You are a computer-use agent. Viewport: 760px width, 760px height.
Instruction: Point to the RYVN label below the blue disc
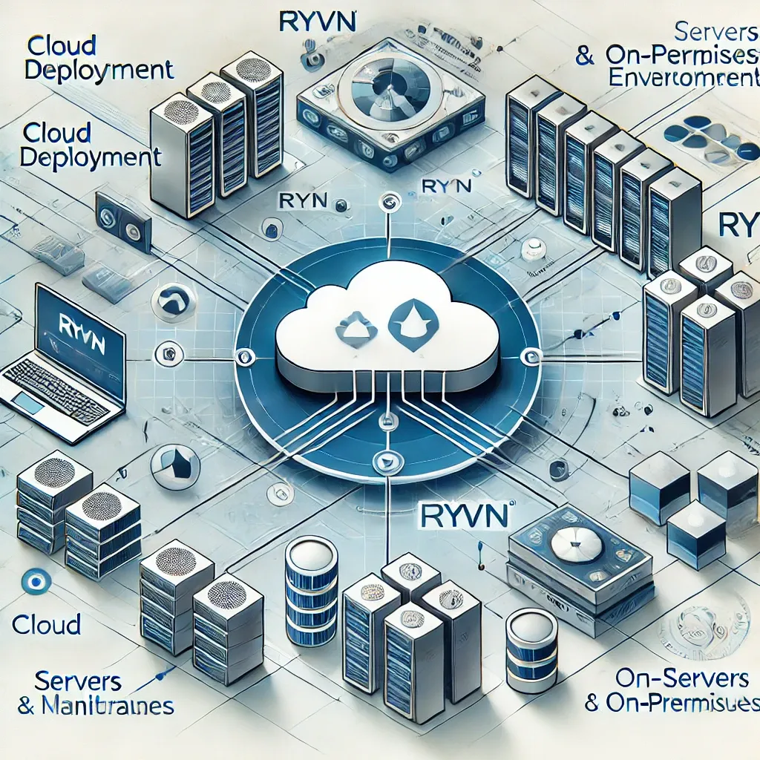point(456,512)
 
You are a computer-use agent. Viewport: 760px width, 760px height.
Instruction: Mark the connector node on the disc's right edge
point(530,357)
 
